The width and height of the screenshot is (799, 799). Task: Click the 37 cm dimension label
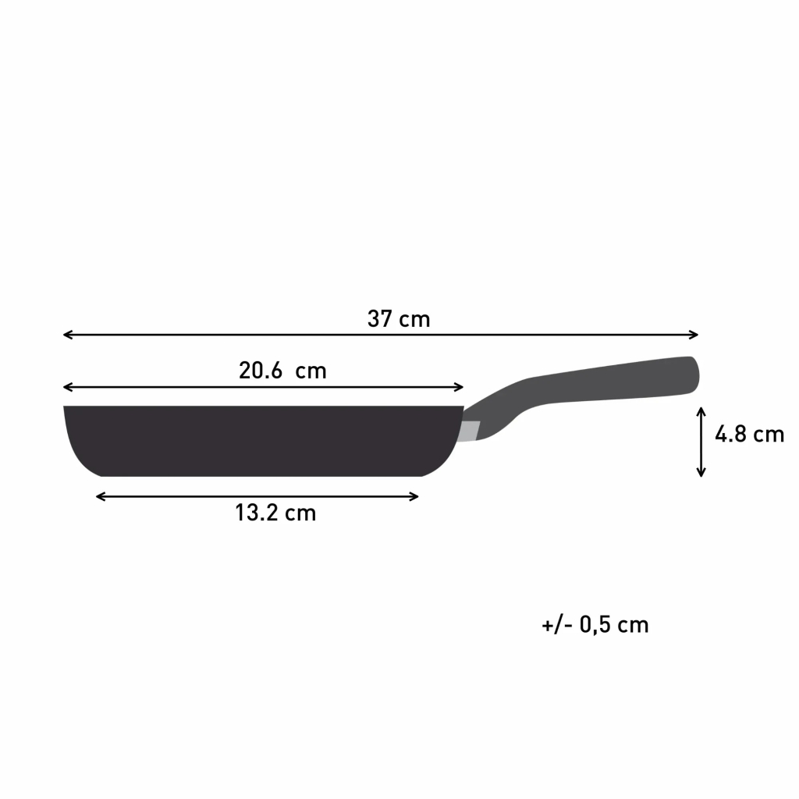point(399,319)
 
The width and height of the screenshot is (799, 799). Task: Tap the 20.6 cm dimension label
point(282,371)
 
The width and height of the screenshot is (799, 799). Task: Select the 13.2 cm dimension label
point(275,513)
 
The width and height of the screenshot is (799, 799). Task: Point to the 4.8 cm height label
point(749,435)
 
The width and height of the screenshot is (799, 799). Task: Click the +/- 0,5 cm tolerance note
point(595,625)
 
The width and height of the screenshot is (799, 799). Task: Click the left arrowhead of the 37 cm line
point(66,335)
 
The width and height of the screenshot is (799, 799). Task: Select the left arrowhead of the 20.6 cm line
point(66,387)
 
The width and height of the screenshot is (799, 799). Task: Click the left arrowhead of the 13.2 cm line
point(99,496)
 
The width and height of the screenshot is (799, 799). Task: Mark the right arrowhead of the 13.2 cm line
point(415,496)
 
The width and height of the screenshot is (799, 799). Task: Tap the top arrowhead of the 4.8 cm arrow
point(701,410)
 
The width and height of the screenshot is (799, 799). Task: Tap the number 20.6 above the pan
point(260,371)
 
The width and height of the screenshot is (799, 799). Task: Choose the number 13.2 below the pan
point(256,513)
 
